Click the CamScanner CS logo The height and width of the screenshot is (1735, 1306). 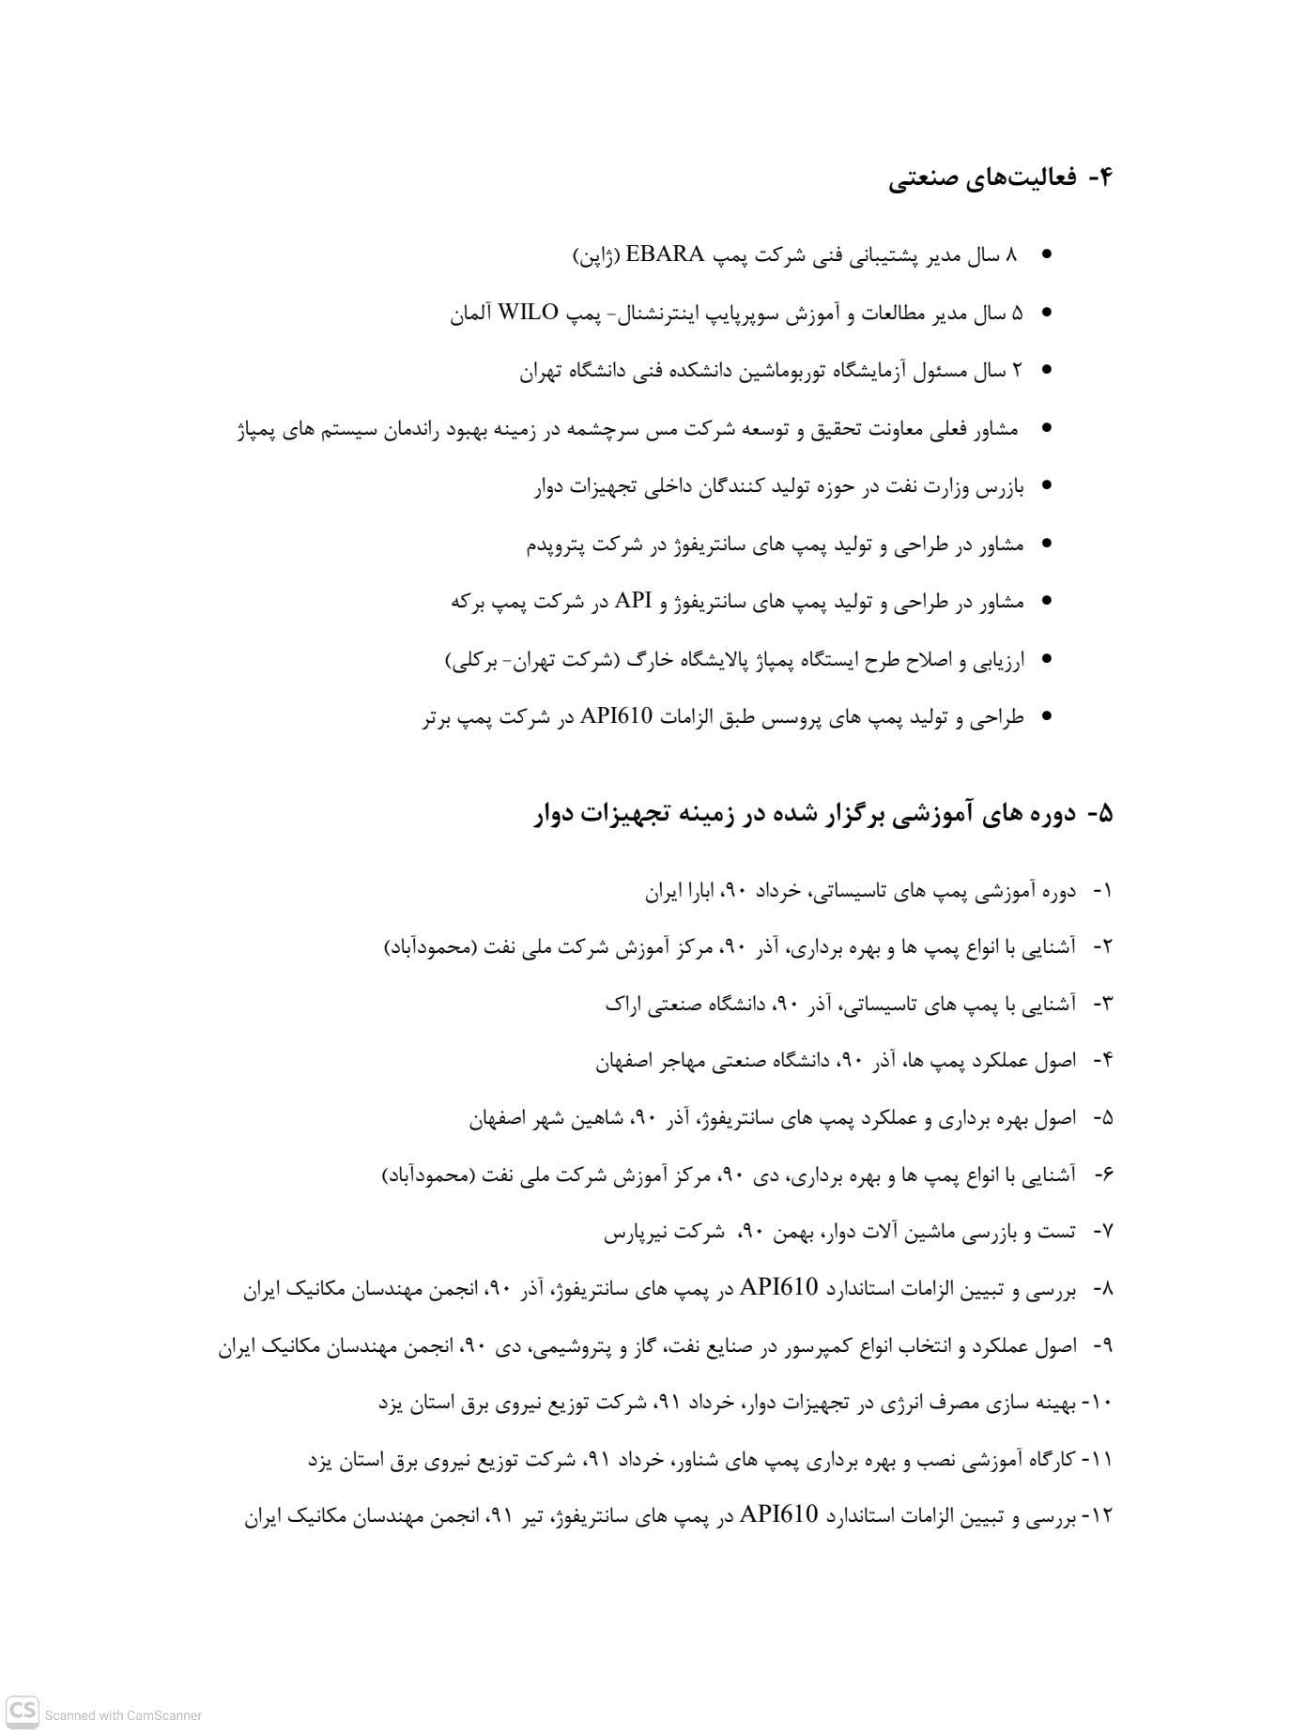[x=23, y=1711]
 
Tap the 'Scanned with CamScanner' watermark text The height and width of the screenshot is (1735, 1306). [x=123, y=1715]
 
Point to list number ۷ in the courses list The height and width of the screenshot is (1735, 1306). [x=1105, y=1232]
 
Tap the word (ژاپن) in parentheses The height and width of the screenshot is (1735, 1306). [x=593, y=254]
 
